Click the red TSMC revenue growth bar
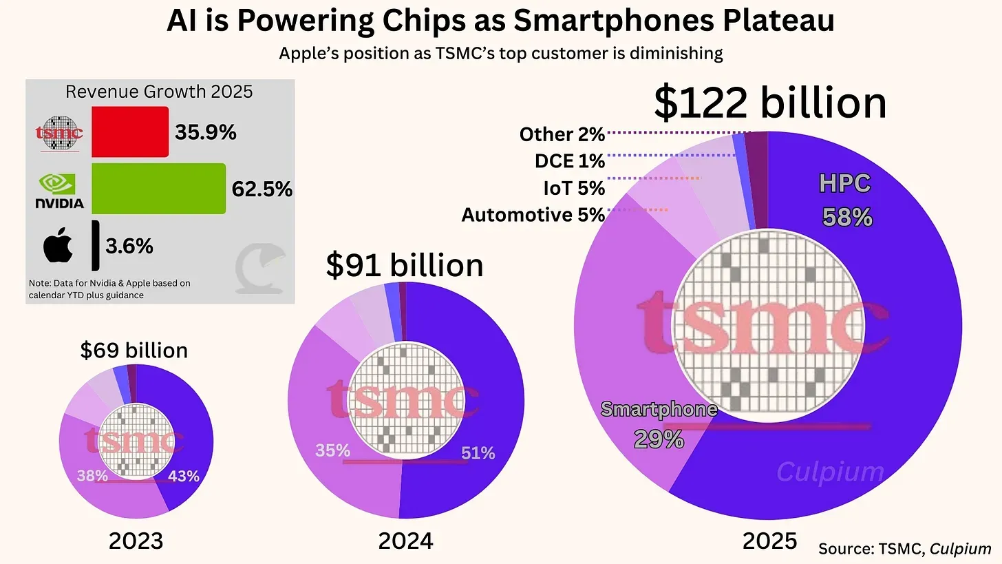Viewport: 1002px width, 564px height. click(x=130, y=131)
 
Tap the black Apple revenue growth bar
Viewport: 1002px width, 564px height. click(x=95, y=245)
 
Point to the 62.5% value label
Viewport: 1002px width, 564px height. click(x=262, y=189)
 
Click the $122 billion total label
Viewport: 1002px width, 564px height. click(x=769, y=103)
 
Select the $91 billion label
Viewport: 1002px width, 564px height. click(x=404, y=266)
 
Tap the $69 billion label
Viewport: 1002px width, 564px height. click(x=134, y=350)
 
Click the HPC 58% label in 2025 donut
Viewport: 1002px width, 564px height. click(x=846, y=200)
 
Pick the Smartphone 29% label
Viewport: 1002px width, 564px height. click(x=659, y=424)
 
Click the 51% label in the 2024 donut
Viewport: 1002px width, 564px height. click(x=478, y=453)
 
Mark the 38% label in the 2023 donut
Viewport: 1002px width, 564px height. click(x=92, y=475)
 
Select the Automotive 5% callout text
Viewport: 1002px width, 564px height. click(x=533, y=216)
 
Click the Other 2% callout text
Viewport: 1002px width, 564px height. click(x=562, y=134)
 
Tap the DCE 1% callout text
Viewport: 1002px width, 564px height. click(x=569, y=161)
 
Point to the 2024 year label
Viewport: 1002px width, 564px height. click(x=405, y=541)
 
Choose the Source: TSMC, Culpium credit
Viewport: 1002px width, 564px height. click(x=904, y=549)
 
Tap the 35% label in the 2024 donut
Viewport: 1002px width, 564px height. click(x=333, y=451)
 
